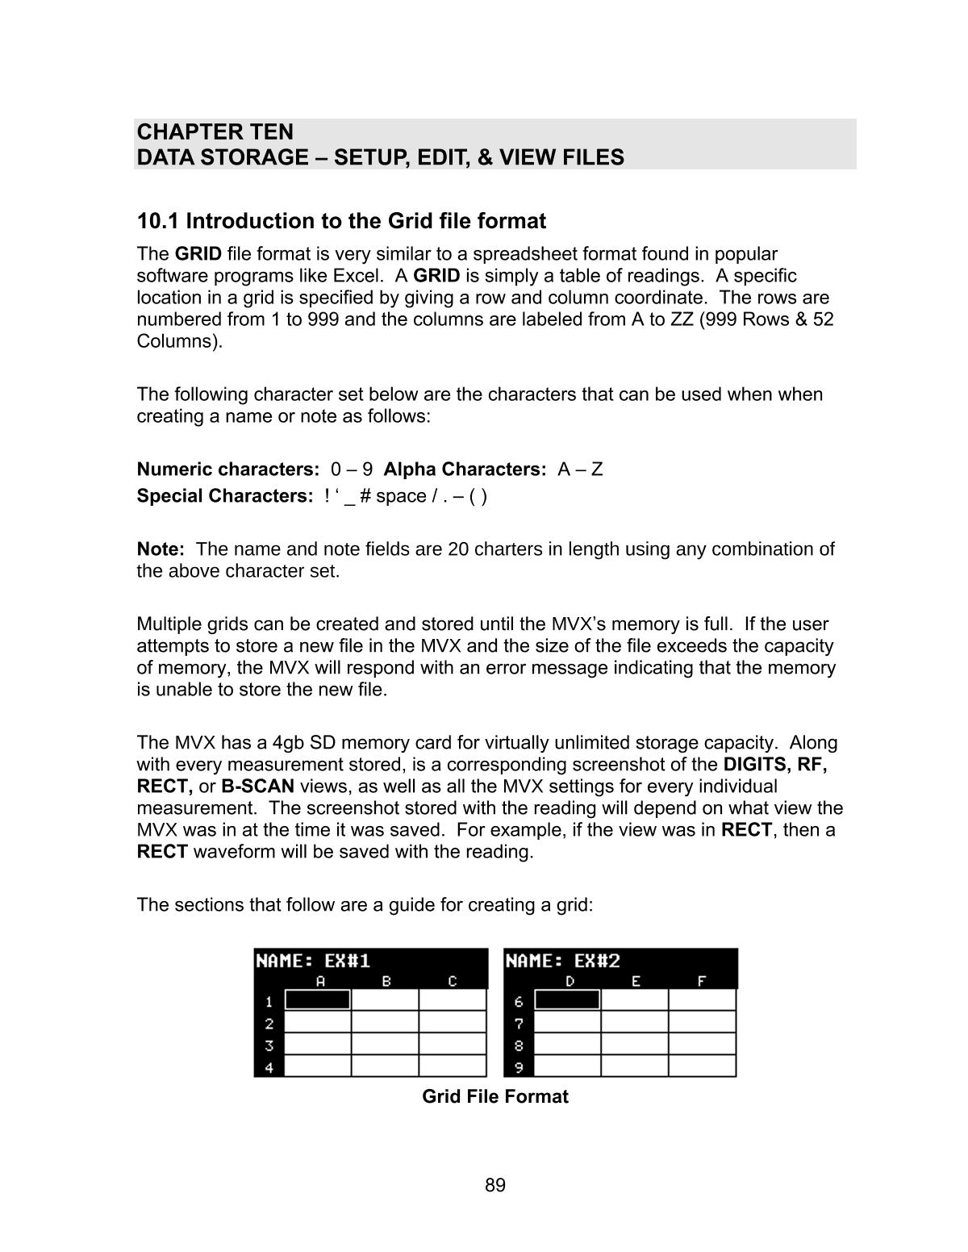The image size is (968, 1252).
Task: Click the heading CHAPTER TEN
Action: click(215, 131)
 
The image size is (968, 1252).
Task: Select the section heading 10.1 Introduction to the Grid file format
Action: click(341, 221)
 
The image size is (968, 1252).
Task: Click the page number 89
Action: click(495, 1185)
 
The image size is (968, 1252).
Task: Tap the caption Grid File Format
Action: click(495, 1096)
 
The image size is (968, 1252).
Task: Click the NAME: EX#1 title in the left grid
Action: click(313, 961)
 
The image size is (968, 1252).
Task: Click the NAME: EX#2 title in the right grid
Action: click(563, 961)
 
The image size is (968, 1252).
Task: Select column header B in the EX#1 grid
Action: click(386, 982)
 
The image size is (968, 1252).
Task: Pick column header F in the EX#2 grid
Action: click(701, 982)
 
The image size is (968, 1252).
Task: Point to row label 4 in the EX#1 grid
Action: click(269, 1067)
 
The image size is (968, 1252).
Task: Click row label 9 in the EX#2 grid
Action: click(519, 1067)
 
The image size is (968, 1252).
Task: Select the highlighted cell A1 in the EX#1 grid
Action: click(318, 1000)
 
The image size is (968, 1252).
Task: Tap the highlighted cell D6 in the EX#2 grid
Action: click(568, 1000)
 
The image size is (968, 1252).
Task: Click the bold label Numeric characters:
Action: click(228, 469)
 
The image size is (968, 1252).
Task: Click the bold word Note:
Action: click(161, 549)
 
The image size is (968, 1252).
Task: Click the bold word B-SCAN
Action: click(257, 787)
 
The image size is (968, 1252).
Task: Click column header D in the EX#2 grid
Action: click(570, 982)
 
